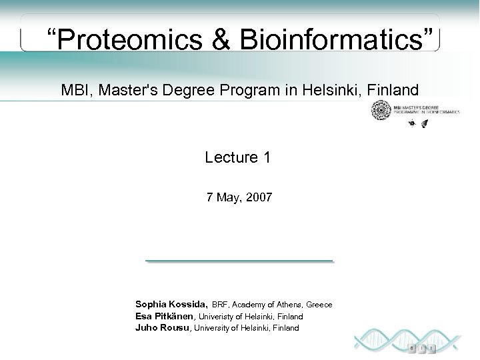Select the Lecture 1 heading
[x=238, y=157]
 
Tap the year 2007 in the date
[x=258, y=197]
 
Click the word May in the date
[x=227, y=197]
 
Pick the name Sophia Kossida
[x=171, y=304]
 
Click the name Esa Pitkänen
[x=165, y=316]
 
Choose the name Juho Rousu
[x=163, y=327]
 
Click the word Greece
[x=319, y=305]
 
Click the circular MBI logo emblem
[x=381, y=110]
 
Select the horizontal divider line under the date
[x=239, y=260]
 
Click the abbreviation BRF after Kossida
[x=220, y=305]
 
